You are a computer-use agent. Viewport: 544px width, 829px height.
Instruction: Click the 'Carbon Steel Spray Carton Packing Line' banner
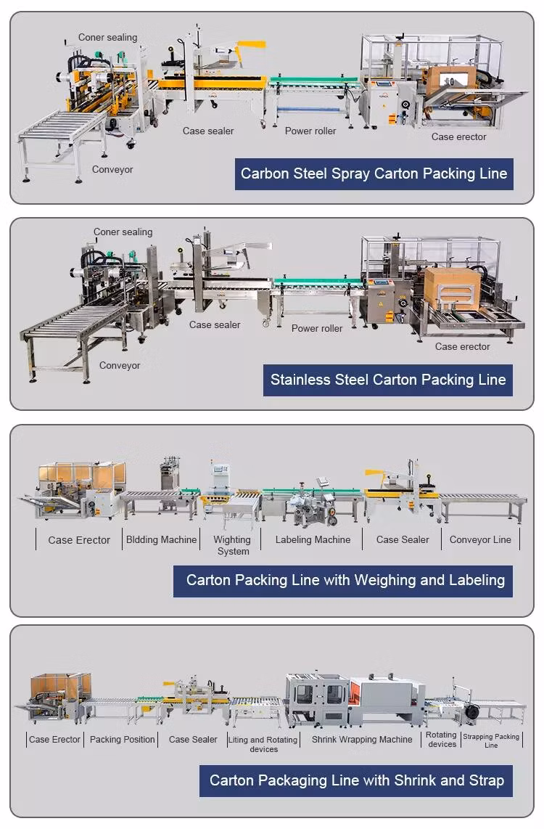coord(374,173)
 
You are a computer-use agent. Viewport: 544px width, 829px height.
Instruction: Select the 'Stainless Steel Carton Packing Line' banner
coord(388,380)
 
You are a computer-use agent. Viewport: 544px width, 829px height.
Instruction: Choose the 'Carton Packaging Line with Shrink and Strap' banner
coord(356,781)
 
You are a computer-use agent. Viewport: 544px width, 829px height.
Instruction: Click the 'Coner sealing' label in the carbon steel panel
coord(107,37)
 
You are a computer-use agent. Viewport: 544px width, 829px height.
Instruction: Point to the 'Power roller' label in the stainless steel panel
coord(317,328)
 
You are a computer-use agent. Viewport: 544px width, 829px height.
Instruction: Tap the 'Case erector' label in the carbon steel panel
coord(458,136)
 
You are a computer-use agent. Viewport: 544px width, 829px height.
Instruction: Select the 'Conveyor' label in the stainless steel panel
coord(120,365)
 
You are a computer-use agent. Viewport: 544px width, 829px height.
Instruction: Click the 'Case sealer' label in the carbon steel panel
coord(208,131)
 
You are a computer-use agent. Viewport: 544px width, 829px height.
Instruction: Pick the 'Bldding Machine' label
coord(162,539)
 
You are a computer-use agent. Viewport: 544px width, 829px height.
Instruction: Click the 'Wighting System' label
coord(232,545)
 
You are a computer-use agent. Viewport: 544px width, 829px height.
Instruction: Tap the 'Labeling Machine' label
coord(313,539)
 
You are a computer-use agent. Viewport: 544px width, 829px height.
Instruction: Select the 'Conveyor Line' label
coord(480,539)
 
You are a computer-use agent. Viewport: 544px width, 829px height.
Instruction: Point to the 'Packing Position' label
coord(123,739)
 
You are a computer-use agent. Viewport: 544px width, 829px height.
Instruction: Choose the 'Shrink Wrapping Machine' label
coord(362,739)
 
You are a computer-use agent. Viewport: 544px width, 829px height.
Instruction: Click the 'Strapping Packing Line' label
coord(491,740)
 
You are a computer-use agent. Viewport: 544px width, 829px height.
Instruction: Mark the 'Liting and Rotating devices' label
coord(263,744)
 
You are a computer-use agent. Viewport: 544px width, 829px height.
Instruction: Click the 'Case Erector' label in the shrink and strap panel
coord(55,739)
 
